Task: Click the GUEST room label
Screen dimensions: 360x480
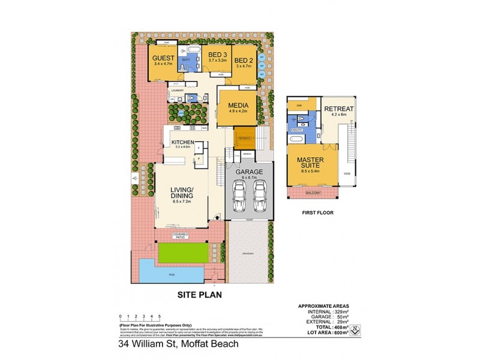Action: tap(163, 58)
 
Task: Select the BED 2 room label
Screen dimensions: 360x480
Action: tap(243, 61)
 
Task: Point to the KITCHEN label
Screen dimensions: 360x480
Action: tap(182, 142)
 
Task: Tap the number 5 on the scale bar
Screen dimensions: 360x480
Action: tap(160, 315)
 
